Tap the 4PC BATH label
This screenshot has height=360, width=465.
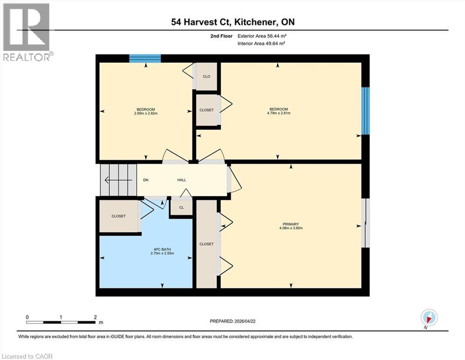point(162,248)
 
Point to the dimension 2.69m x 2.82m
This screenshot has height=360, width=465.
point(146,113)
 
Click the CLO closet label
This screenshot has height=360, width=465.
point(206,76)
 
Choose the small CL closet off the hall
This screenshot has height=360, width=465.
point(181,208)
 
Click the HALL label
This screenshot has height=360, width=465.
point(182,180)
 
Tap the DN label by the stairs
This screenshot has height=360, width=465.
point(146,180)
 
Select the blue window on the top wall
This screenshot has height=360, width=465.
point(145,59)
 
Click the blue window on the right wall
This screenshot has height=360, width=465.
point(366,111)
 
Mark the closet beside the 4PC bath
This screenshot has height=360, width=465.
point(118,216)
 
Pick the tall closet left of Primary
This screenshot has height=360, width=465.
point(207,244)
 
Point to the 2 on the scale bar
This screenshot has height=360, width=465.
point(95,317)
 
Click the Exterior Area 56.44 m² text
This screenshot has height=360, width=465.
point(262,35)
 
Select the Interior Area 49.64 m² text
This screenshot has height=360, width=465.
point(262,43)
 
